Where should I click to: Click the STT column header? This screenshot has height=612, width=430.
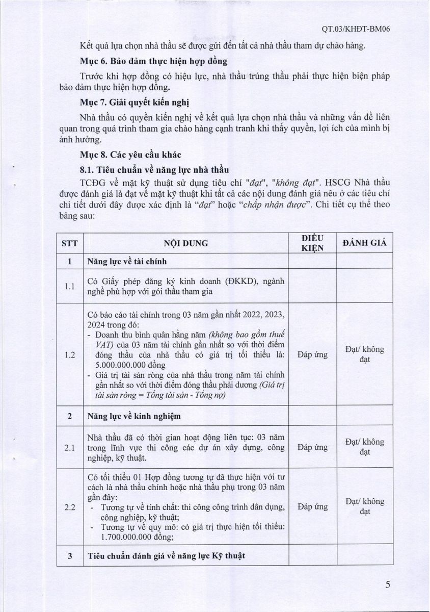pos(69,243)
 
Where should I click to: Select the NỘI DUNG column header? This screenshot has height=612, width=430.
pos(186,243)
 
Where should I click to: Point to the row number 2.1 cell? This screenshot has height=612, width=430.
pos(69,447)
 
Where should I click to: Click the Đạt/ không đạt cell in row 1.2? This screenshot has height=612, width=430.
pos(364,354)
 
